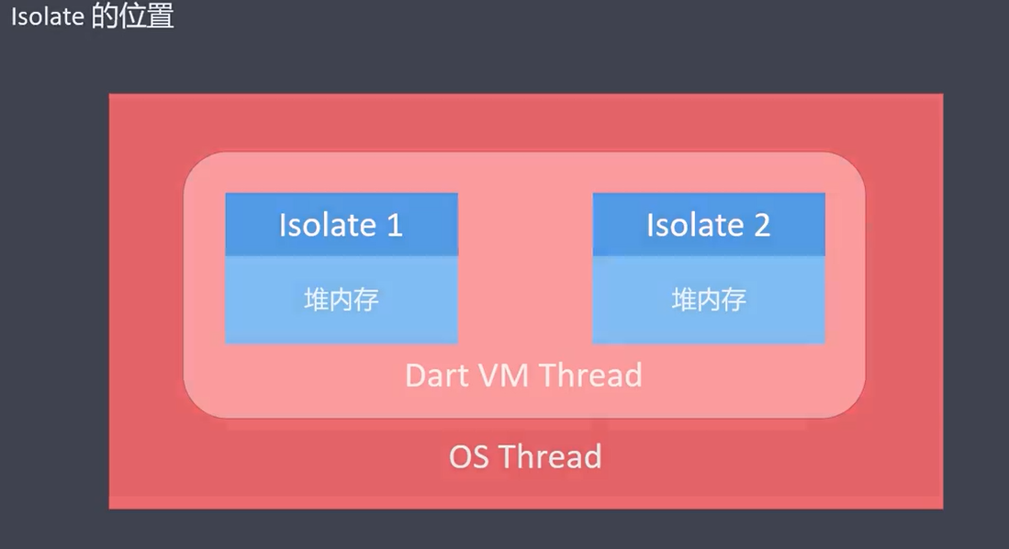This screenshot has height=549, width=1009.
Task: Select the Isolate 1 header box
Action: coord(342,225)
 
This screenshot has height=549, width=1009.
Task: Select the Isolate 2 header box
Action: coord(709,225)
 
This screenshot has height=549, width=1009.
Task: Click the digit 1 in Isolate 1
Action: coord(394,226)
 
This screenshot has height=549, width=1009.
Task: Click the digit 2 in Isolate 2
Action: coord(761,226)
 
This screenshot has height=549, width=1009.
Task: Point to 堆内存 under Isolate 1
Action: coord(342,299)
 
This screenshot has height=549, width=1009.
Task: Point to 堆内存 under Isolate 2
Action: coord(709,299)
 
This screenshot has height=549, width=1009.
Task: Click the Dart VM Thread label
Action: coord(523,375)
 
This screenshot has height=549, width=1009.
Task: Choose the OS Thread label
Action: coord(525,456)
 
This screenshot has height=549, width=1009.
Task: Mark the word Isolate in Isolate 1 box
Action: coord(327,226)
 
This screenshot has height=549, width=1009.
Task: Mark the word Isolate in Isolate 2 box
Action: coord(694,226)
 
